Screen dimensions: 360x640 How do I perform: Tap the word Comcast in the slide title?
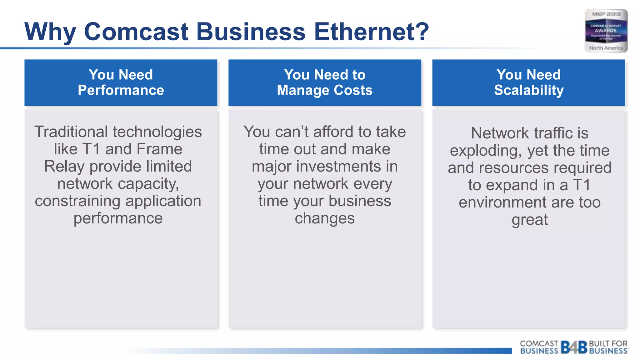click(x=136, y=32)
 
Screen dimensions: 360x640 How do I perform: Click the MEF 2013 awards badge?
click(x=606, y=31)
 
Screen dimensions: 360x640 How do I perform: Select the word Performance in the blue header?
click(x=121, y=90)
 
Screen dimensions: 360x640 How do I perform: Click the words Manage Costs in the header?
click(x=325, y=90)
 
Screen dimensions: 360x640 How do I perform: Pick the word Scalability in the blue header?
click(x=529, y=90)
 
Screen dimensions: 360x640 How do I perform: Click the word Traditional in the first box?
click(x=71, y=132)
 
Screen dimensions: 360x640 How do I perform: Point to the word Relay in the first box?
click(x=64, y=166)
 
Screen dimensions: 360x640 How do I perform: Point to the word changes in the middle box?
click(x=325, y=218)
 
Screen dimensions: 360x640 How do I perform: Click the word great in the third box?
click(x=529, y=220)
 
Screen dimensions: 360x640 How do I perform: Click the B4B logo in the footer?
click(x=574, y=347)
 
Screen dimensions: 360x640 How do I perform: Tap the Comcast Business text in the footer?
click(x=539, y=347)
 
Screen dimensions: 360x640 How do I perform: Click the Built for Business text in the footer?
click(x=608, y=347)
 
